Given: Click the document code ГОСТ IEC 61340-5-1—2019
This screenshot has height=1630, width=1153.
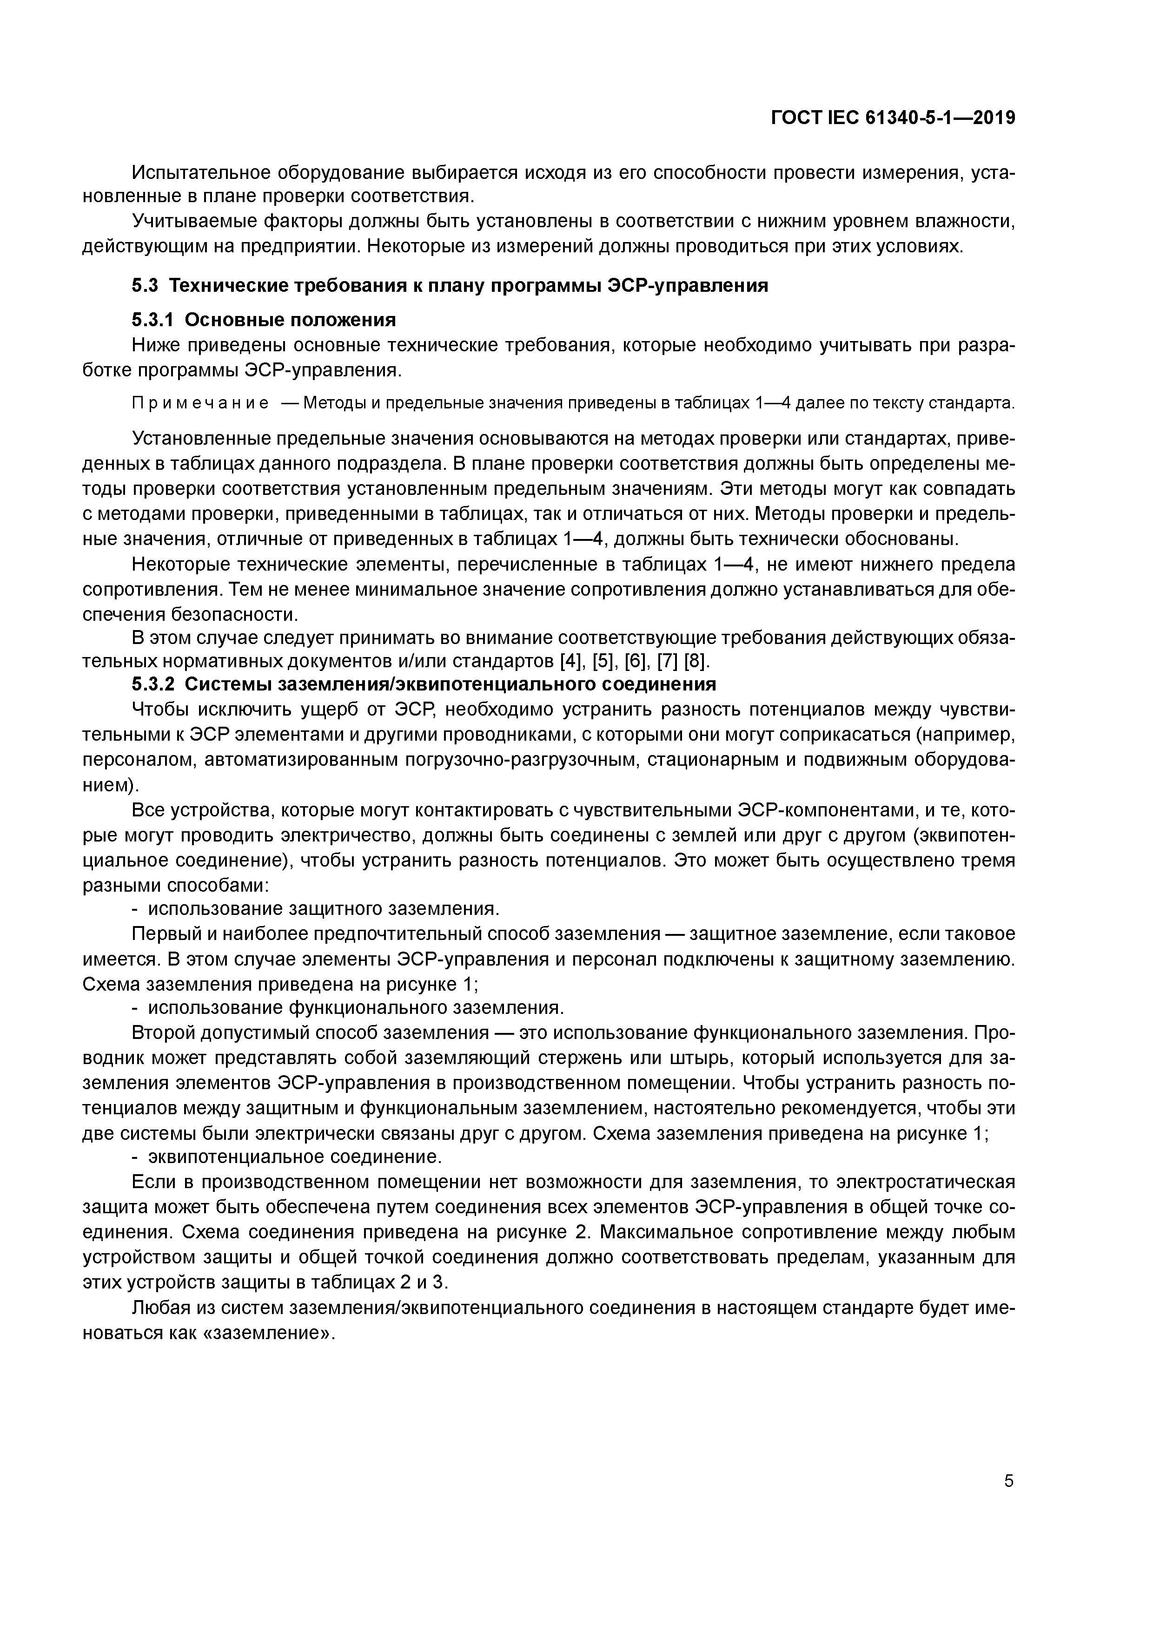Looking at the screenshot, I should (x=893, y=118).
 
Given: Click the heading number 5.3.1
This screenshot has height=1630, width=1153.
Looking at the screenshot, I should (x=153, y=320).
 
